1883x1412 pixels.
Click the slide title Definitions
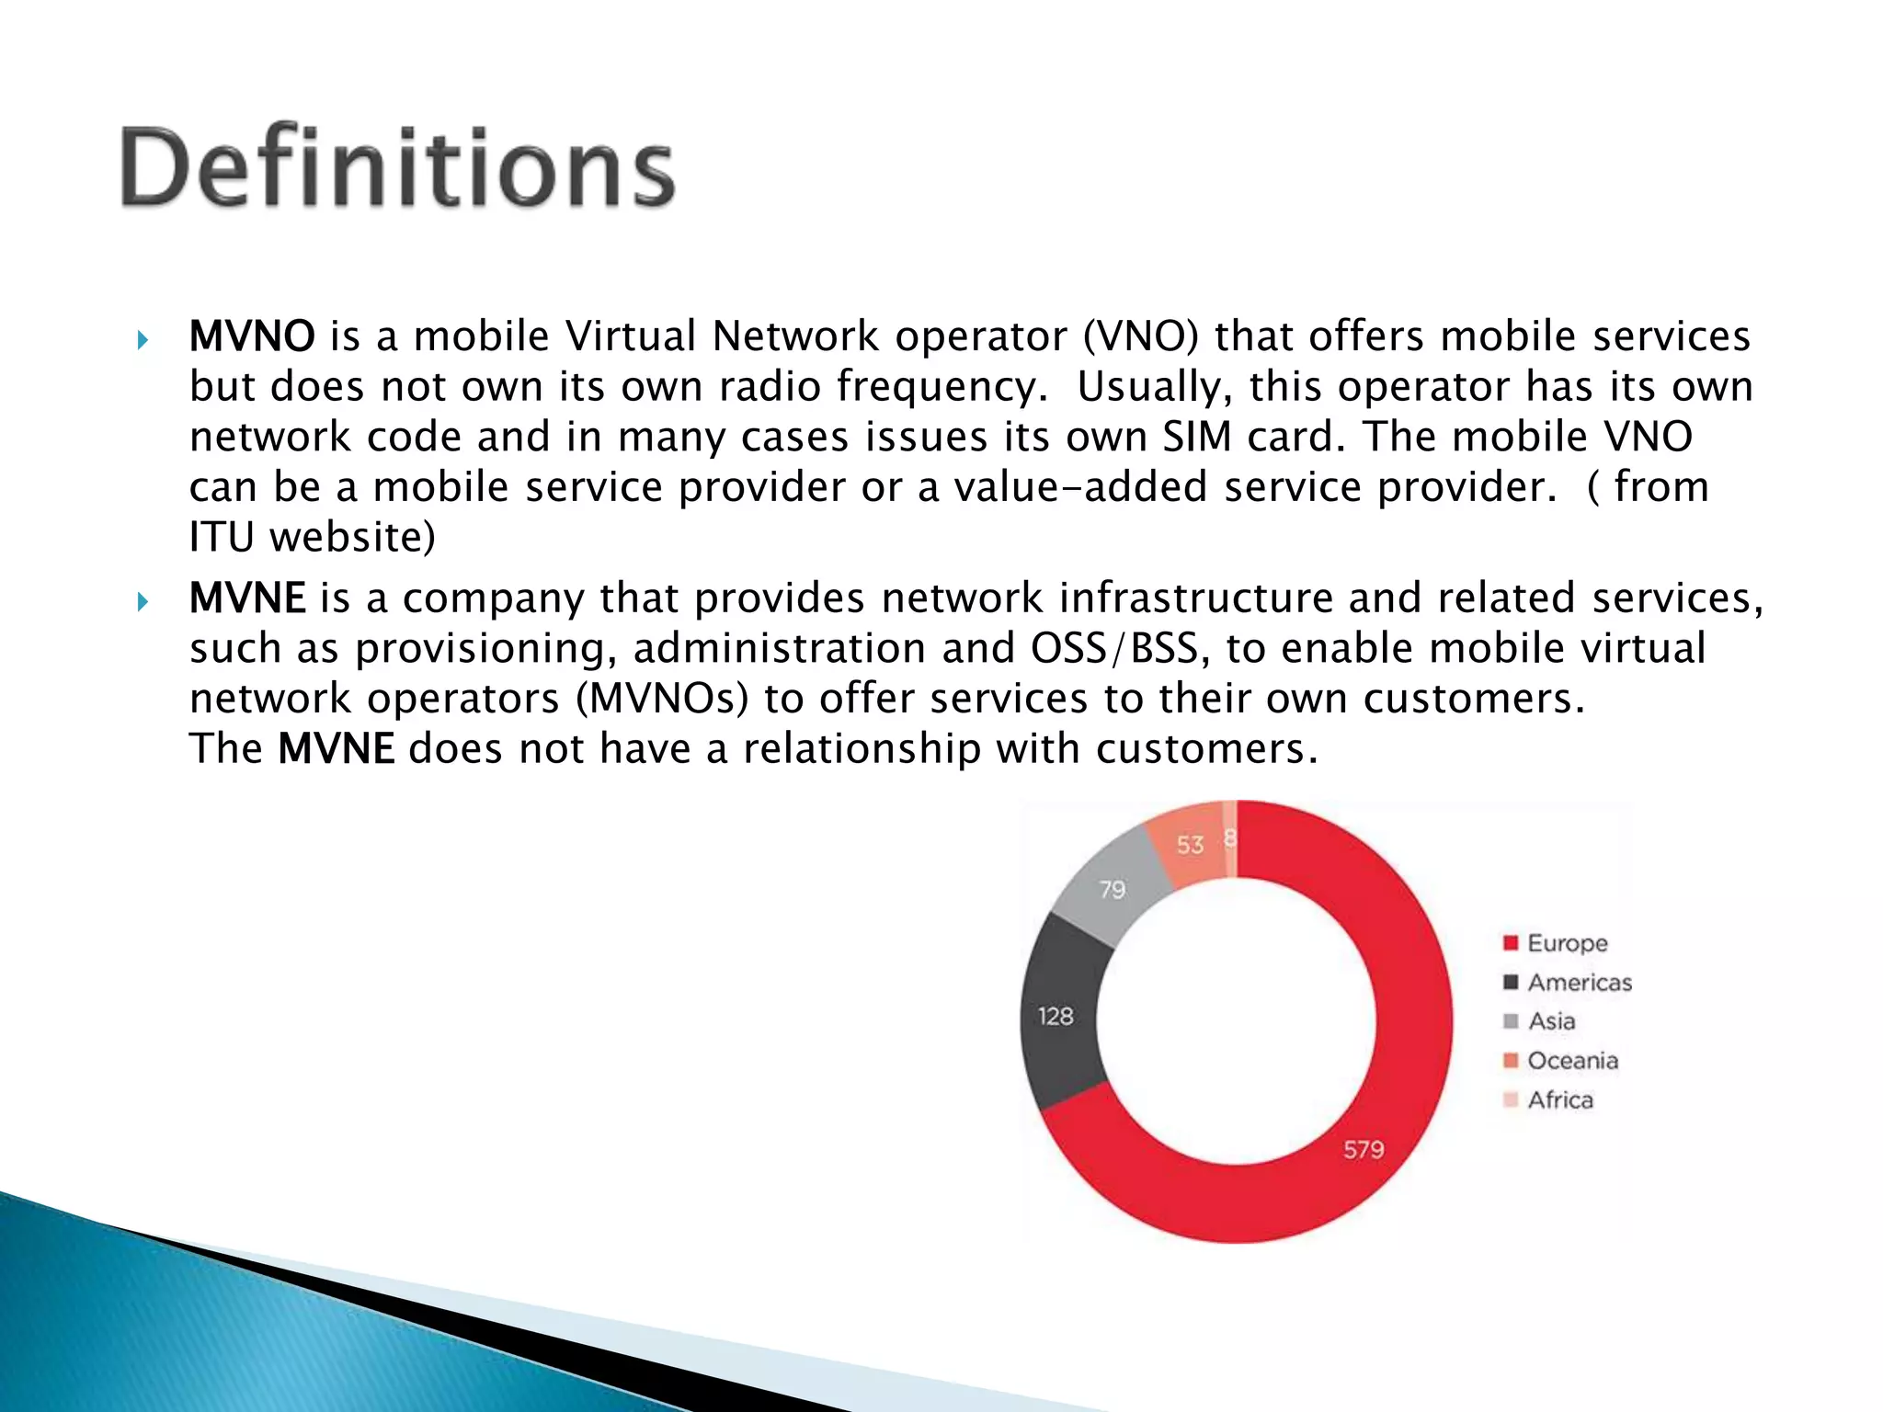pyautogui.click(x=397, y=168)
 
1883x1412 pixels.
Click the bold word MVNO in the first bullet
pyautogui.click(x=252, y=336)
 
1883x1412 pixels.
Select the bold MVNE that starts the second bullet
pyautogui.click(x=247, y=598)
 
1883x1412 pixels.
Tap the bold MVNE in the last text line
pyautogui.click(x=337, y=748)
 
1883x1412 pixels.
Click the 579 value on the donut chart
pyautogui.click(x=1364, y=1149)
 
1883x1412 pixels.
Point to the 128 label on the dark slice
pyautogui.click(x=1056, y=1016)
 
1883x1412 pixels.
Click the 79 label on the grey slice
pyautogui.click(x=1113, y=889)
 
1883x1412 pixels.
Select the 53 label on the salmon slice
pyautogui.click(x=1190, y=845)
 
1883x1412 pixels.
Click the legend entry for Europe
pyautogui.click(x=1567, y=943)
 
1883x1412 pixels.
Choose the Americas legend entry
pyautogui.click(x=1579, y=983)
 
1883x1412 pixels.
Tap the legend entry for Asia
pyautogui.click(x=1551, y=1021)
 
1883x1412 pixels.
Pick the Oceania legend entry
pyautogui.click(x=1572, y=1061)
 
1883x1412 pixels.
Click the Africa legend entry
pyautogui.click(x=1559, y=1099)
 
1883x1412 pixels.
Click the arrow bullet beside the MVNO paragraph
pyautogui.click(x=142, y=340)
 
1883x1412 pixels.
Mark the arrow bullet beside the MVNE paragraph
pyautogui.click(x=142, y=602)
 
